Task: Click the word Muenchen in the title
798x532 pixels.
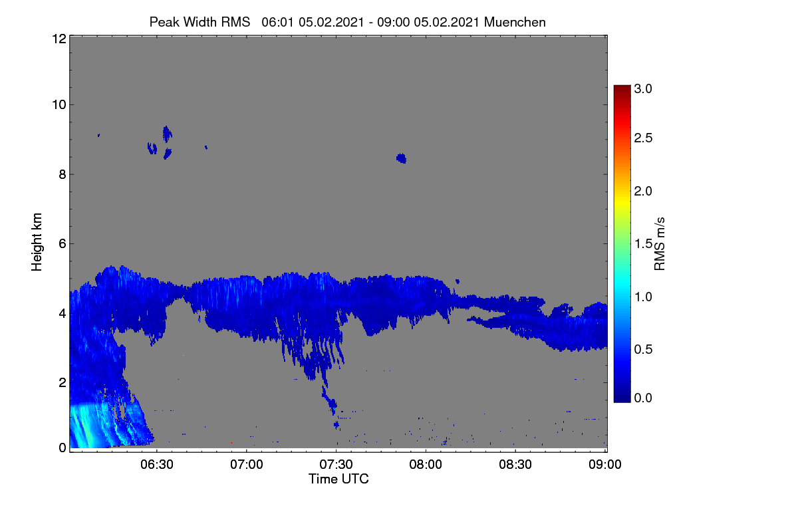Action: [515, 22]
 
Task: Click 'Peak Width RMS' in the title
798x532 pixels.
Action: [199, 22]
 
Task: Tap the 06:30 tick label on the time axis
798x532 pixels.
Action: [157, 465]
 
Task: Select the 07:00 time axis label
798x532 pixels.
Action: [247, 465]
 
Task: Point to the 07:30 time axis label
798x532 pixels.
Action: [336, 465]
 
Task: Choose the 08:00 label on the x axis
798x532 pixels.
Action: [426, 465]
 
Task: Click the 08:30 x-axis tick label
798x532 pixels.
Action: [515, 465]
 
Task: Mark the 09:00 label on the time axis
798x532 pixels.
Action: [605, 465]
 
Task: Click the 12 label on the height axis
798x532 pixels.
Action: [59, 39]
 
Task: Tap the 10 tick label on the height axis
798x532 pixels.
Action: [59, 105]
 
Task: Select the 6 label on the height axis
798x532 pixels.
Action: [63, 244]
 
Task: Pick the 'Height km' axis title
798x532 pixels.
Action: [37, 242]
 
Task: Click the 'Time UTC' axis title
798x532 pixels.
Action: [338, 479]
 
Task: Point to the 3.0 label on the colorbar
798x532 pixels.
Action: [643, 88]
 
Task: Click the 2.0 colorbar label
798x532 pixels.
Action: [643, 192]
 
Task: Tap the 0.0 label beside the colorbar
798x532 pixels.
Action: [643, 398]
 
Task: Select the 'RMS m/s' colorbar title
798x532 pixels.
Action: [660, 244]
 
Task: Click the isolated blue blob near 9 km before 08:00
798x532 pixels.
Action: [402, 158]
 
